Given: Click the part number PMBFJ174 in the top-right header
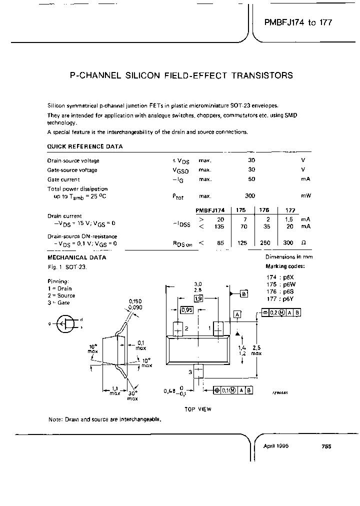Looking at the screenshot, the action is click(284, 23).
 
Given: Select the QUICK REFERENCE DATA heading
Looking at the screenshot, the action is click(84, 146).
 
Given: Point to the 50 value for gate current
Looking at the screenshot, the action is click(251, 179).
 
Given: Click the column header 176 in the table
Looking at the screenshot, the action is click(264, 210).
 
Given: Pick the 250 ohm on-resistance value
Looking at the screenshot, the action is click(265, 243).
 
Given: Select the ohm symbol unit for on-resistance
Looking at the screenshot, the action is click(303, 243).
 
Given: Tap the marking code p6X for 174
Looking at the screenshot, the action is click(288, 276).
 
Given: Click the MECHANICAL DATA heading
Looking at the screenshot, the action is click(76, 257).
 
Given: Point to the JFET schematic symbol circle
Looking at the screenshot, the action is click(65, 323).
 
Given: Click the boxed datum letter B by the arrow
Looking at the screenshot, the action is click(244, 293).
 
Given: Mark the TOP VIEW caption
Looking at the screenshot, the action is click(198, 409).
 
